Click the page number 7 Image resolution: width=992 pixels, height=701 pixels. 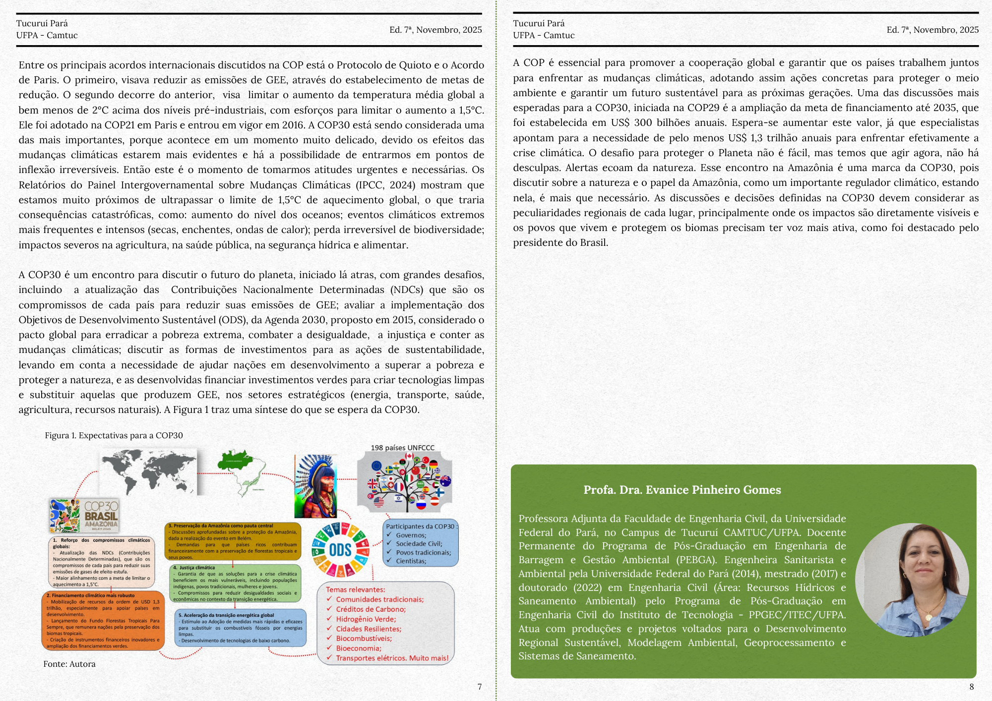479,687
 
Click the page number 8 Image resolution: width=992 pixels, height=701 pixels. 971,687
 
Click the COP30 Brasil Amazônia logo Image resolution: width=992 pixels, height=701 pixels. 84,516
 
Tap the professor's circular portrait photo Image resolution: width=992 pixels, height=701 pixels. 912,580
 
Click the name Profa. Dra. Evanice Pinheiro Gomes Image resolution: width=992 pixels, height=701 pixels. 682,490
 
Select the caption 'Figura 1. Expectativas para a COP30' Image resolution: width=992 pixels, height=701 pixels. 114,435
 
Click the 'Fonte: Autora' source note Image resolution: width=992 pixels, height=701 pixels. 69,664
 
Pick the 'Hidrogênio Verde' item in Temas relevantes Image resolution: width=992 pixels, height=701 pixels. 366,619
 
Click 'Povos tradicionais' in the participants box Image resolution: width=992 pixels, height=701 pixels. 423,552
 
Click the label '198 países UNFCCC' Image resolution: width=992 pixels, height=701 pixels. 402,448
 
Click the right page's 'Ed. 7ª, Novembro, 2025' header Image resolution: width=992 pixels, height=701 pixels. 932,30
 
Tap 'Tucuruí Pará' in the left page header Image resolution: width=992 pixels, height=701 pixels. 42,23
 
